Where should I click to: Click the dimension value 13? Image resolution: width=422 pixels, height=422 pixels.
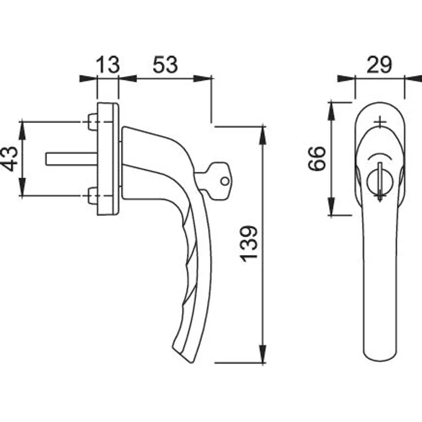click(x=107, y=64)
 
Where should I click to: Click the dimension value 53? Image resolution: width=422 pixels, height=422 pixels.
click(x=165, y=64)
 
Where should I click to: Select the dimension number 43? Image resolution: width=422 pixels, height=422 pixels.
click(x=10, y=159)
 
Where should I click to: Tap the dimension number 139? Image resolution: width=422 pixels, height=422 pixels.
click(x=249, y=244)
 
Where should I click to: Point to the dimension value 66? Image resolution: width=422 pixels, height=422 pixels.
click(x=316, y=158)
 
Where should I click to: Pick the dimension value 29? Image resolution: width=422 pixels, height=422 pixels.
click(x=379, y=64)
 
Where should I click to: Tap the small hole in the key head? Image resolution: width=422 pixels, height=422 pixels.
click(x=225, y=181)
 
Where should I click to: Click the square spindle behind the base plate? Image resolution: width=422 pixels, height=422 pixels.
click(x=71, y=159)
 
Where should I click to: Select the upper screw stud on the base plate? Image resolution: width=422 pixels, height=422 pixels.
click(x=92, y=122)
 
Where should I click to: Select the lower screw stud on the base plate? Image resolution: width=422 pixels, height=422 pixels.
click(x=92, y=196)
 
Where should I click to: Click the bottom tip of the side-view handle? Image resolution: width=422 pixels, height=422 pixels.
click(x=193, y=362)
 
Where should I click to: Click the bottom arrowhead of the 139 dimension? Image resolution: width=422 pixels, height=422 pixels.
click(x=263, y=354)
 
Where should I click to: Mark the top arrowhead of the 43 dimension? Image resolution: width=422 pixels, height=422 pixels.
click(x=22, y=131)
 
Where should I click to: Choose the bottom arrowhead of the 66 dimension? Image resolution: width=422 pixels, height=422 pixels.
click(x=331, y=206)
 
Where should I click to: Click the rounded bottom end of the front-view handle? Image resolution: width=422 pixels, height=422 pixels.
click(x=380, y=356)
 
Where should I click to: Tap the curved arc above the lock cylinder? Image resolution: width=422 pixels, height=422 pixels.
click(x=380, y=155)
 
